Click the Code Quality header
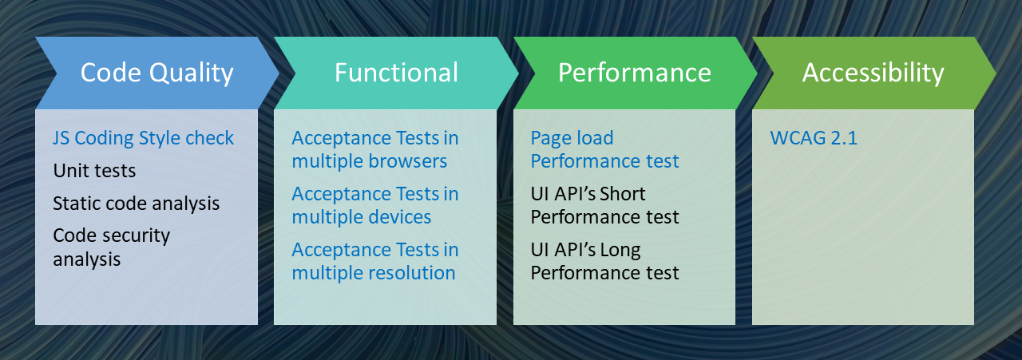pos(157,73)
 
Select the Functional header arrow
pos(396,73)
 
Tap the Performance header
pos(635,73)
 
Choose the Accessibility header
pos(873,73)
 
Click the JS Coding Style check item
pos(143,138)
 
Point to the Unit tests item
pos(94,171)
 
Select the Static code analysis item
pos(136,204)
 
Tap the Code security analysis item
pos(111,247)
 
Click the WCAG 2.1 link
pos(814,138)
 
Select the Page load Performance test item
pos(604,149)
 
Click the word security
pos(138,236)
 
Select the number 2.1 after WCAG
pos(844,138)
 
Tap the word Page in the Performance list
pos(549,139)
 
